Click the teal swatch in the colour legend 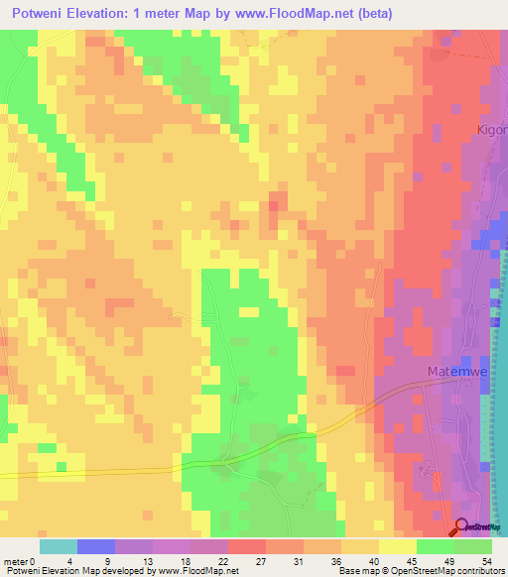tap(59, 546)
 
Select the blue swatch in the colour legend tap(96, 546)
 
